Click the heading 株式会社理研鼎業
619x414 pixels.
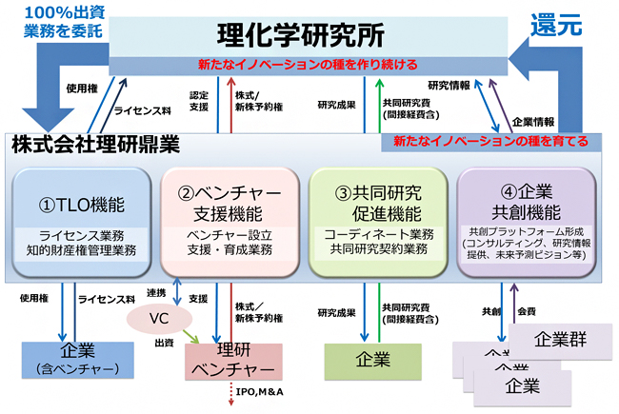[x=96, y=146]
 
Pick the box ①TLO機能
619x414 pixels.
[x=80, y=216]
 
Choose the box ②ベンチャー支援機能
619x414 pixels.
[x=228, y=216]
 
